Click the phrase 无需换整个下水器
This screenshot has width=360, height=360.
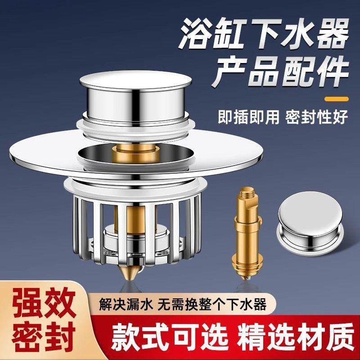click(x=211, y=303)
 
